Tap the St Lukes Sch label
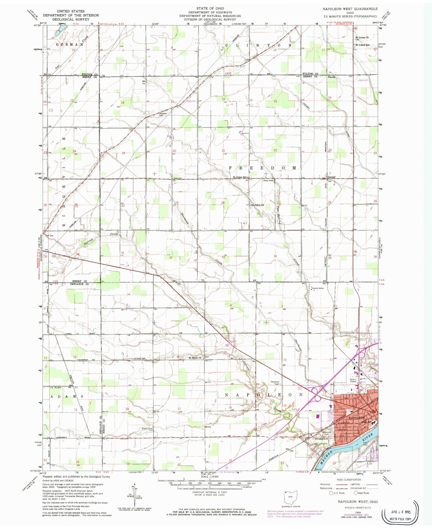pos(362,45)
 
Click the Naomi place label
pos(332,77)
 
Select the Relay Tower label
pos(268,180)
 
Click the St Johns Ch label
pos(257,205)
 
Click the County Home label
pos(317,288)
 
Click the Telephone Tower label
pos(275,383)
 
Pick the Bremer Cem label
pos(147,429)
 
